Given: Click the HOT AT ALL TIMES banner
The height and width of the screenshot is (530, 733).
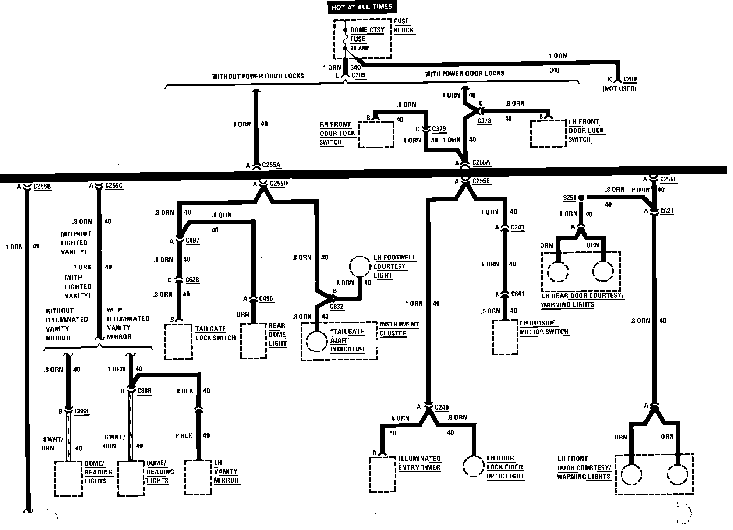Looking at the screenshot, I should [x=362, y=7].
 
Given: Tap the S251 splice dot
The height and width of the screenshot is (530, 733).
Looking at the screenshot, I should [x=581, y=198].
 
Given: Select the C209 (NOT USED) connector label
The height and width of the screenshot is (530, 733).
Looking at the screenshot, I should [x=630, y=79].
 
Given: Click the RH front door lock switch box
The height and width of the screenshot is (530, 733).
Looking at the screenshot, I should [x=376, y=135].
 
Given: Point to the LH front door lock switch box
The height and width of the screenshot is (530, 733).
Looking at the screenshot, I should [x=548, y=134].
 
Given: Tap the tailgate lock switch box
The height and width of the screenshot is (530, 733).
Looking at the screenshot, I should [x=178, y=342].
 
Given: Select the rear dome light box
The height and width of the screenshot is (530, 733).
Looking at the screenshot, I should [x=254, y=341].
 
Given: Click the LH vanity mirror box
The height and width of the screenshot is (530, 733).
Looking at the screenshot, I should [x=199, y=477].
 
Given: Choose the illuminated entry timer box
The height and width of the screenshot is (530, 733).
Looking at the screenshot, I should [x=383, y=474].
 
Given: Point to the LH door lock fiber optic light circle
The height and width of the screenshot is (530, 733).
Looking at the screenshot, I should [x=473, y=467].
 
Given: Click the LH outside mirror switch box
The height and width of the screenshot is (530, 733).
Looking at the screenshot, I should [x=505, y=337].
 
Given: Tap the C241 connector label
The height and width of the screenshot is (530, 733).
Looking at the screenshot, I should [x=517, y=227].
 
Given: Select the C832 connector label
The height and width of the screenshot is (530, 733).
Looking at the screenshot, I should [x=336, y=306].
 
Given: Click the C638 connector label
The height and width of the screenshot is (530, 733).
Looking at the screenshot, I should [x=192, y=280].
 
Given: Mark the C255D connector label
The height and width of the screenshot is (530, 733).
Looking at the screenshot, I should [x=279, y=183].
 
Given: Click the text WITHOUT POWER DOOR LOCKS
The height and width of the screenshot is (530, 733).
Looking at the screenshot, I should [x=258, y=76].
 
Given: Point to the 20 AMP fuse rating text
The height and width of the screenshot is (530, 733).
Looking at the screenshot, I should [x=360, y=48].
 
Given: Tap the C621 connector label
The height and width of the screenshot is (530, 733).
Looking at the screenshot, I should [x=667, y=211].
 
